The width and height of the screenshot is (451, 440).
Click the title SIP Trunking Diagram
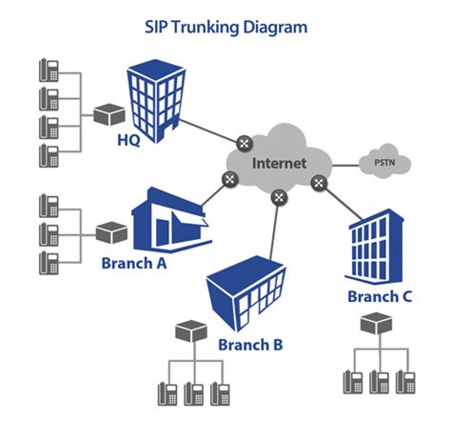tap(225, 27)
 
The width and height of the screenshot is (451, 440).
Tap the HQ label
tap(129, 141)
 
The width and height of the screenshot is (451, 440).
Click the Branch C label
tap(380, 296)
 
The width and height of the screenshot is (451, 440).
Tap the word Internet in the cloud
tap(279, 163)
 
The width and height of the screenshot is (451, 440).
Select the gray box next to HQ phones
tap(109, 113)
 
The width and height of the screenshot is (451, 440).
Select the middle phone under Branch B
tap(194, 391)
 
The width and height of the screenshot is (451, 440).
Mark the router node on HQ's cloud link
tap(245, 144)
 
